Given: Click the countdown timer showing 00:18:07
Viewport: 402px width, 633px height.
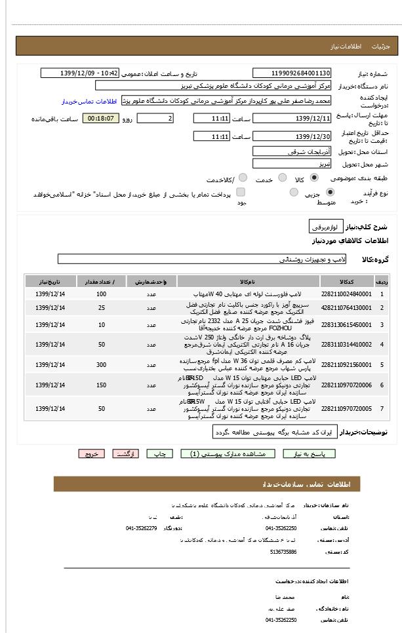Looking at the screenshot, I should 101,119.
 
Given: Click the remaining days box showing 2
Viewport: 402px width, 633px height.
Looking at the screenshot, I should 155,119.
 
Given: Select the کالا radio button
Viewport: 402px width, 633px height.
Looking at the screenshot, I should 314,178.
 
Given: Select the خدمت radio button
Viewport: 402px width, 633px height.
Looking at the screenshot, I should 282,178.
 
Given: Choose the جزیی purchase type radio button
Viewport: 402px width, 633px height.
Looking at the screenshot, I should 329,193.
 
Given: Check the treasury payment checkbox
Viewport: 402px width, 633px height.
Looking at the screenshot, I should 241,193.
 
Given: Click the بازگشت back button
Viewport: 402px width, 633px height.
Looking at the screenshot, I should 125,453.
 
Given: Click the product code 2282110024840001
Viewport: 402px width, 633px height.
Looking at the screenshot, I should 346,294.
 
